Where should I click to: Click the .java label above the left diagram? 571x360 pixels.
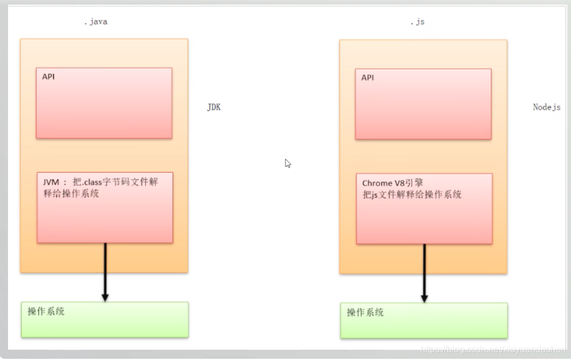[x=95, y=22]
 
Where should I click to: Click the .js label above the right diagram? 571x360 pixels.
[x=417, y=22]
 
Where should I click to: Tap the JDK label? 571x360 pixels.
[x=214, y=107]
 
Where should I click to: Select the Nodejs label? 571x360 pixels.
[x=546, y=107]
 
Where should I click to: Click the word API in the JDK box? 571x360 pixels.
[x=49, y=76]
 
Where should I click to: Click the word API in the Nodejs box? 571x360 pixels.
[x=367, y=77]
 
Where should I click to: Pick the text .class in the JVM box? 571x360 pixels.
[x=89, y=182]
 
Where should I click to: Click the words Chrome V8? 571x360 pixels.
[x=382, y=183]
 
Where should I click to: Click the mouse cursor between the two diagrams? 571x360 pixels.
[x=288, y=163]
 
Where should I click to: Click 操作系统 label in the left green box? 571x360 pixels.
[x=46, y=312]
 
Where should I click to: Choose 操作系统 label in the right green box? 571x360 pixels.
[x=365, y=313]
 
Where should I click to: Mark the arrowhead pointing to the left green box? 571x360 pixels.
[x=105, y=297]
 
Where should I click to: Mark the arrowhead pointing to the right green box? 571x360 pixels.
[x=424, y=298]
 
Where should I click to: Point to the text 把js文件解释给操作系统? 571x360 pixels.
[x=412, y=194]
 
